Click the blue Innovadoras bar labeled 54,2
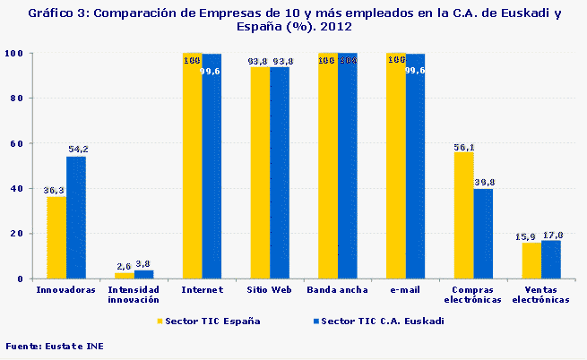click(76, 218)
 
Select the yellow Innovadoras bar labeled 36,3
click(56, 237)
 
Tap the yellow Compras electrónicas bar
click(463, 215)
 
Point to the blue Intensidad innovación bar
click(143, 274)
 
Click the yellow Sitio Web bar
click(260, 173)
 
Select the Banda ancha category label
click(337, 290)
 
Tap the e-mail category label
click(405, 290)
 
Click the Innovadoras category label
click(65, 290)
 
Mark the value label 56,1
click(463, 147)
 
